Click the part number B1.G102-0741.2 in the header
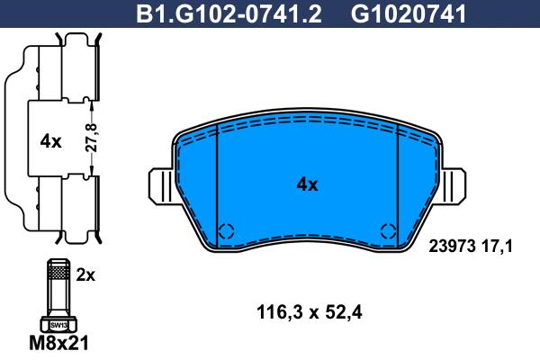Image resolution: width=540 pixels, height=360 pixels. click(229, 13)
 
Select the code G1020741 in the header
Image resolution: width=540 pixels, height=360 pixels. click(409, 13)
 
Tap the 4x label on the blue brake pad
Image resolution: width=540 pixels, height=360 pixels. click(307, 185)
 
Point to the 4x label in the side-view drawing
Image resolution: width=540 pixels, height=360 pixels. click(50, 141)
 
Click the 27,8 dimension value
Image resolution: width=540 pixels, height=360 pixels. click(92, 138)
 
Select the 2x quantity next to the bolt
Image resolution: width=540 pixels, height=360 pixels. click(85, 274)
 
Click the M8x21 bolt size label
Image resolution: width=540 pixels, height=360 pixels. click(58, 343)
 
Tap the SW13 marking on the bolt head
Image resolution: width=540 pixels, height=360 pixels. click(58, 325)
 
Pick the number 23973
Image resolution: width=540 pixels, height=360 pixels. click(452, 247)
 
